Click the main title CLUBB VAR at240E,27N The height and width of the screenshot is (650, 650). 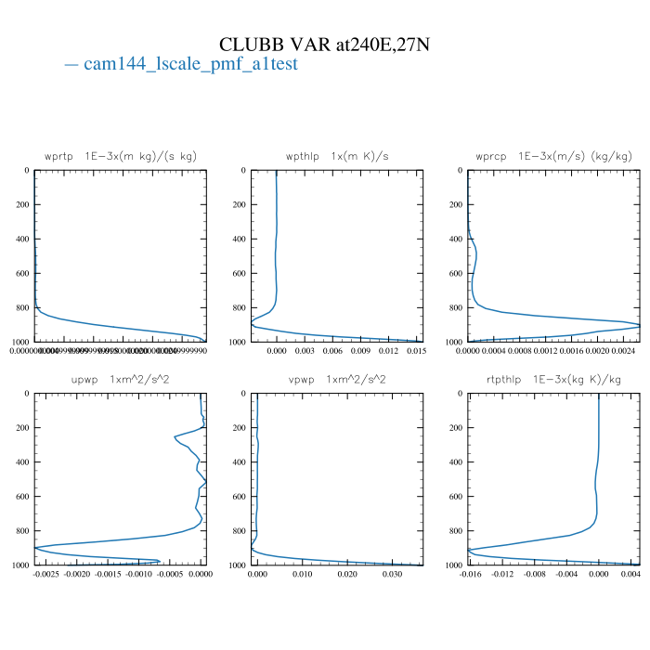click(x=325, y=44)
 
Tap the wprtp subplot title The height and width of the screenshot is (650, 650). click(x=121, y=156)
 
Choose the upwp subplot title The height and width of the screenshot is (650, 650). click(x=121, y=379)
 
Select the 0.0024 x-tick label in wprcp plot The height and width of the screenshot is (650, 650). click(x=626, y=351)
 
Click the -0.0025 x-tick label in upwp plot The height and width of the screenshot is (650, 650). click(x=45, y=574)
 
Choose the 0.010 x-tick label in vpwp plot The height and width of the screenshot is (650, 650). click(x=303, y=574)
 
